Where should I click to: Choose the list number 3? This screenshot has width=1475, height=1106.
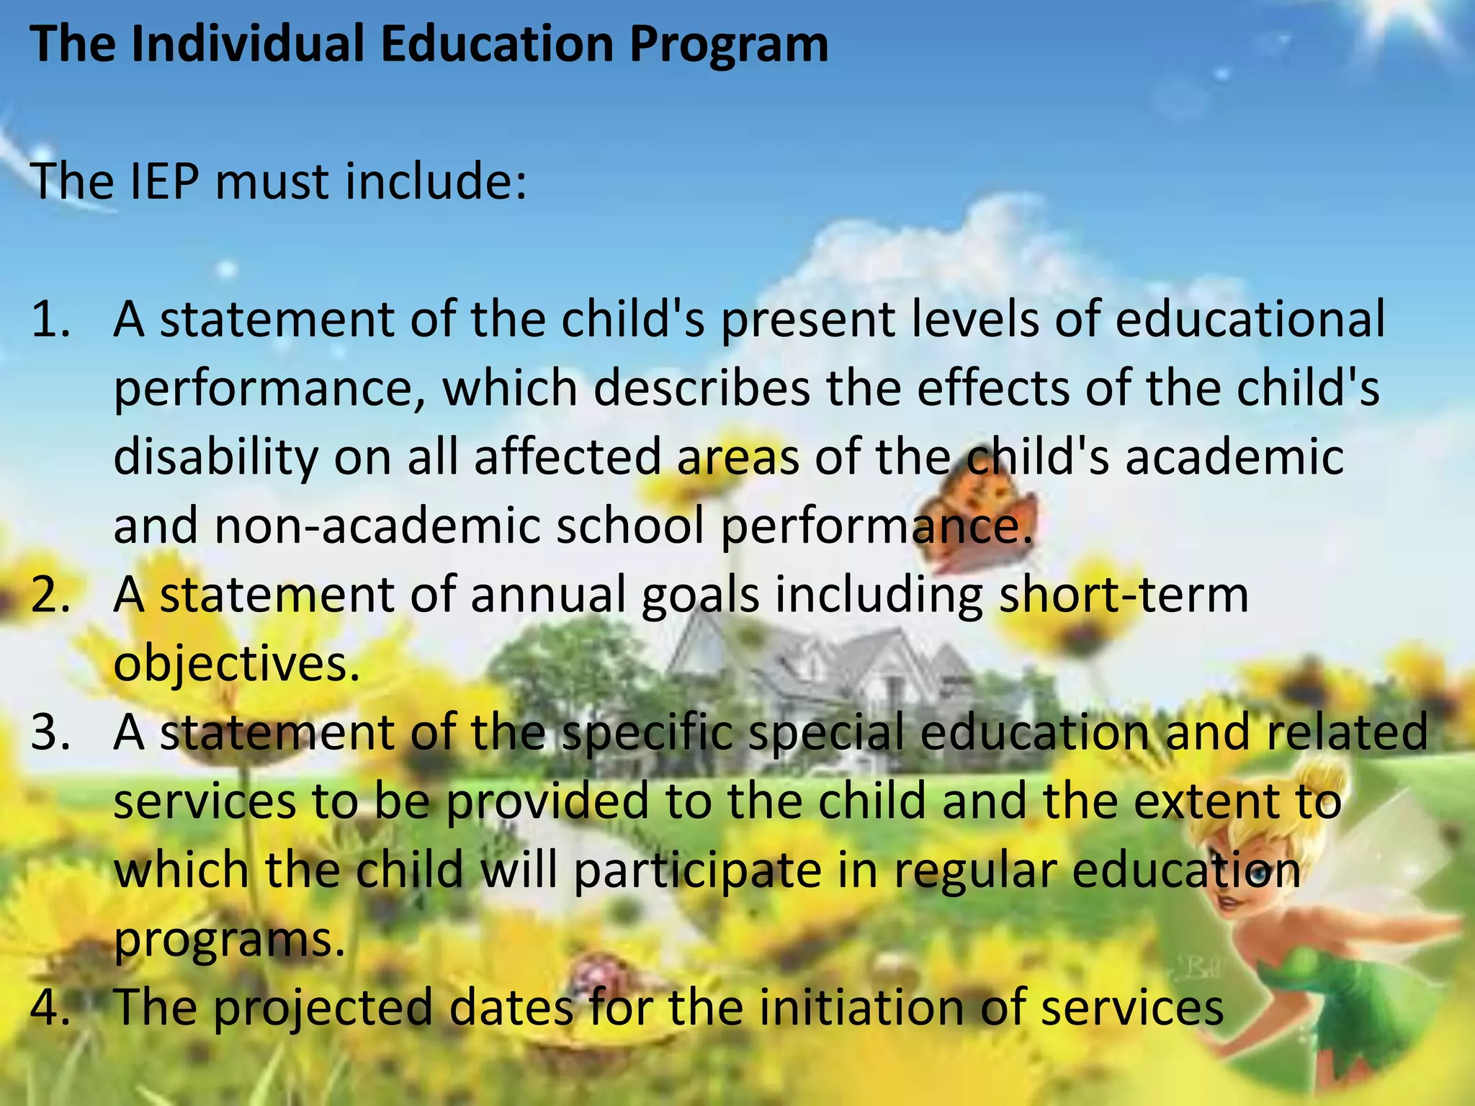pyautogui.click(x=50, y=732)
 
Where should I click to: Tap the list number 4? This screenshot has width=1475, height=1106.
pyautogui.click(x=50, y=1007)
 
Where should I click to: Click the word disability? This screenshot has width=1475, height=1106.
pyautogui.click(x=215, y=457)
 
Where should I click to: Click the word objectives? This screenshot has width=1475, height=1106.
pyautogui.click(x=236, y=664)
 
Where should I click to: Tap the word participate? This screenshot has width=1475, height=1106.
pyautogui.click(x=697, y=871)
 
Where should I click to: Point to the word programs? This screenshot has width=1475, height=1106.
pyautogui.click(x=229, y=940)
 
